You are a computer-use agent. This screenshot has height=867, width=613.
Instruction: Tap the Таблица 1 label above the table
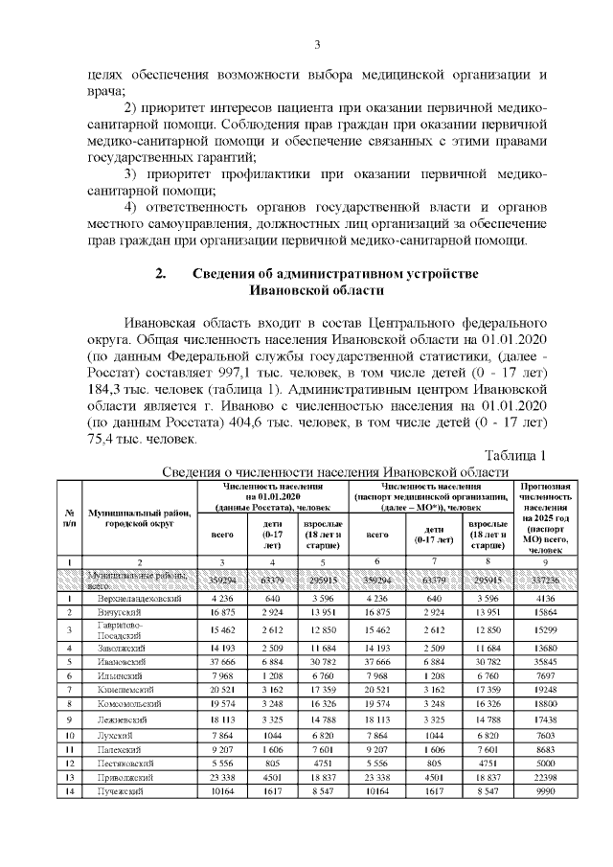coord(514,454)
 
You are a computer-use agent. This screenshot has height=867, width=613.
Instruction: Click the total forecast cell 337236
coord(545,580)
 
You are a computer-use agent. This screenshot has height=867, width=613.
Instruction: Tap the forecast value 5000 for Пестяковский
coord(545,763)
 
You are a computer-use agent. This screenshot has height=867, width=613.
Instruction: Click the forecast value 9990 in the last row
coord(545,793)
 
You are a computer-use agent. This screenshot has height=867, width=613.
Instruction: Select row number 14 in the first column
coord(70,793)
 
